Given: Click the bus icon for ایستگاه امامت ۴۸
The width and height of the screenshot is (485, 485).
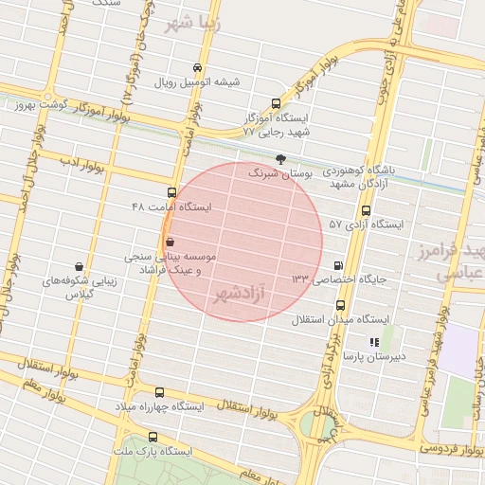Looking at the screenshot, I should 171,191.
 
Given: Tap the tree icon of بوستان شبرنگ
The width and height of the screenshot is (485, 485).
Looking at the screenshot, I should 279,159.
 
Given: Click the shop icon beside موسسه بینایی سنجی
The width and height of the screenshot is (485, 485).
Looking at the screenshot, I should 170,242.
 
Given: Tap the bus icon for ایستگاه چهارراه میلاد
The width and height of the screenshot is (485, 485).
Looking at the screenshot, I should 159,392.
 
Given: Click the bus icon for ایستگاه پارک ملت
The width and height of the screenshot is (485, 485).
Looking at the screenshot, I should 153,437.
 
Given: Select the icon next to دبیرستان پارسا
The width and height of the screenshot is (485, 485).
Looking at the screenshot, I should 374,342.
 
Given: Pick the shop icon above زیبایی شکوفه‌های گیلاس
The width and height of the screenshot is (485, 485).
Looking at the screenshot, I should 78,267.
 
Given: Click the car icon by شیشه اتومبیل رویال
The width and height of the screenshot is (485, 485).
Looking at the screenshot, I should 196,68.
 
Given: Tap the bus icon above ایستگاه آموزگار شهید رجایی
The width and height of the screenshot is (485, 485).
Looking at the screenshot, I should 276,103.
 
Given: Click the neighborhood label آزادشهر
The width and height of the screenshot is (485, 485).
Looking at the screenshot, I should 242,295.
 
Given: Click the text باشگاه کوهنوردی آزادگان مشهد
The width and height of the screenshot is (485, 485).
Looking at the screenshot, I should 366,175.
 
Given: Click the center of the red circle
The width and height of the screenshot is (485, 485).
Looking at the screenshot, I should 242,242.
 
